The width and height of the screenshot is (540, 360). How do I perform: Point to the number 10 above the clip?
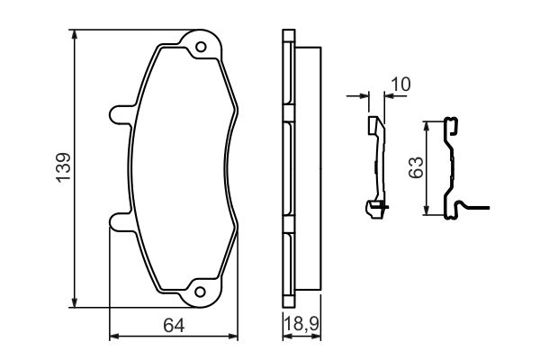400,84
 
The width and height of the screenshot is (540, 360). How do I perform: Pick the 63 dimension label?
416,167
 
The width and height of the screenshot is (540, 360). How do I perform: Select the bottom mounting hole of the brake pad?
202,291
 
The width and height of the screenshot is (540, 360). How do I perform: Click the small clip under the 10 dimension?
376,166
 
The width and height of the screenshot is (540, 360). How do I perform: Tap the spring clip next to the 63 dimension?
453,166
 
